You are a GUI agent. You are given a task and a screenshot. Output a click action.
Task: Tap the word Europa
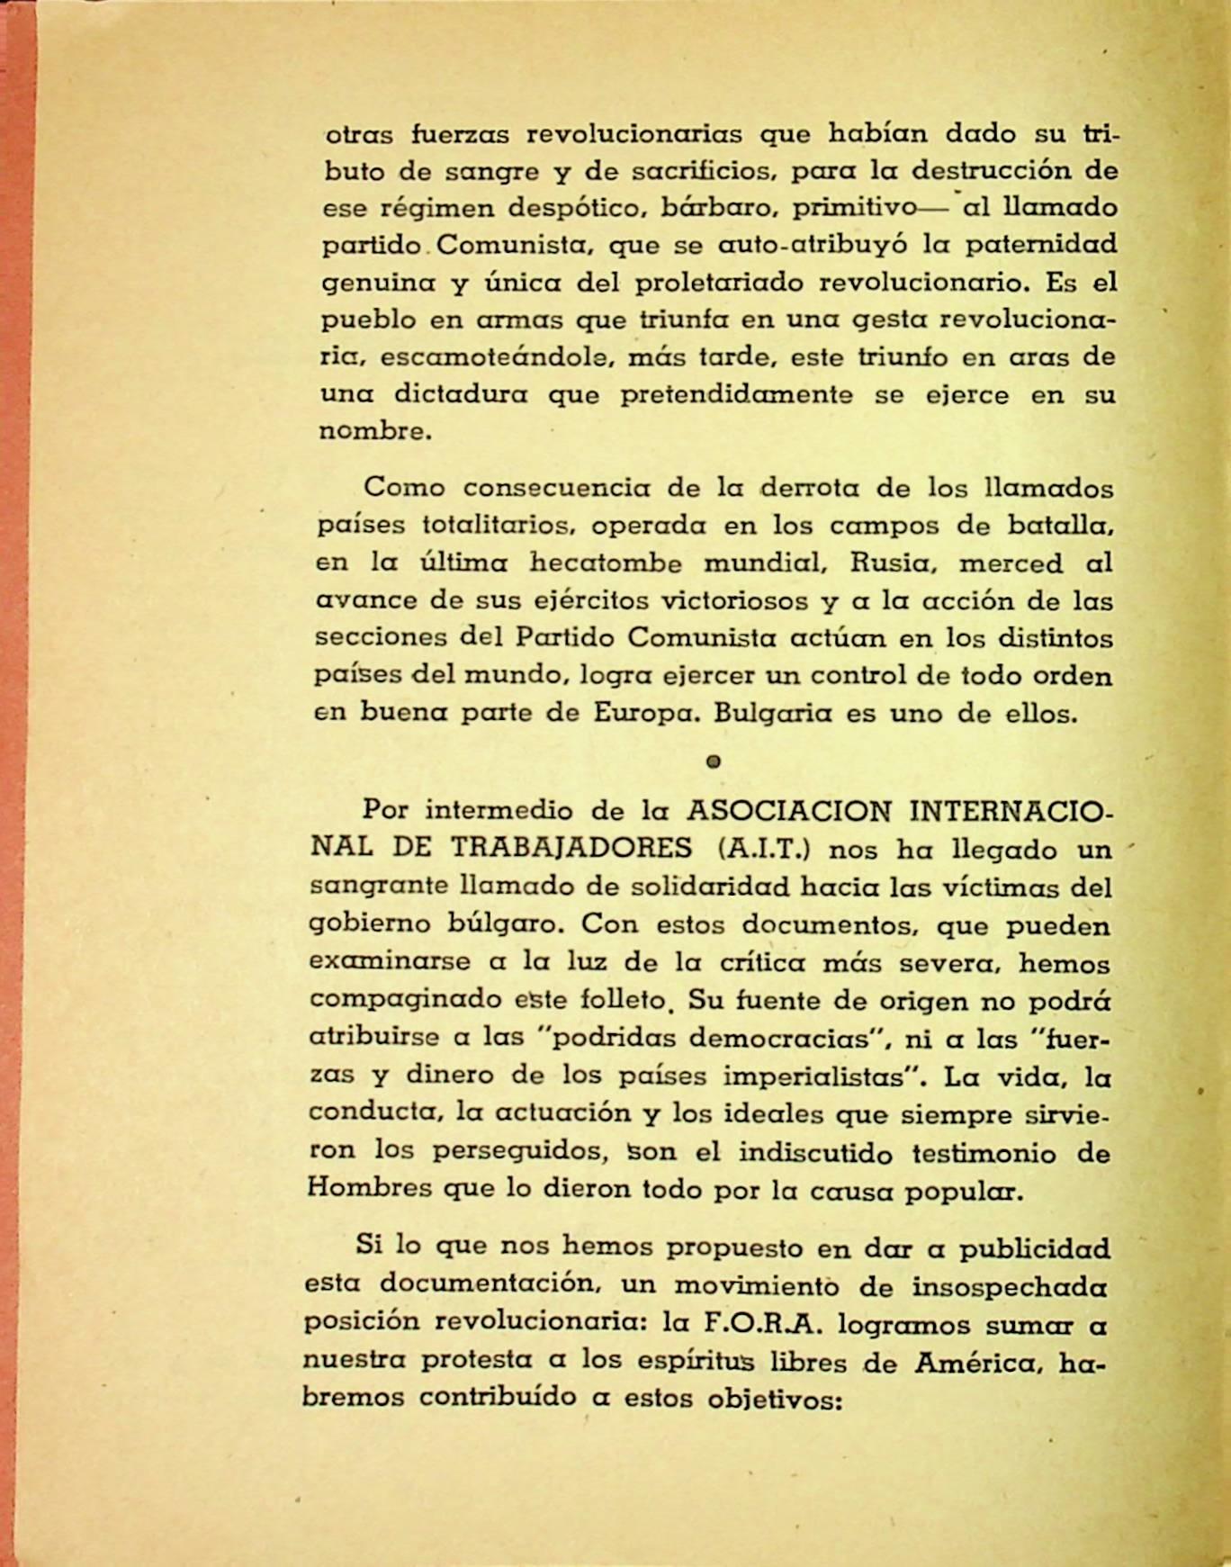pyautogui.click(x=642, y=714)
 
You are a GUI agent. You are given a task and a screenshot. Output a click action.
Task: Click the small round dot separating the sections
pyautogui.click(x=714, y=761)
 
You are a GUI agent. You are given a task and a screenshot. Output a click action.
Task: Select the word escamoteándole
pyautogui.click(x=490, y=357)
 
